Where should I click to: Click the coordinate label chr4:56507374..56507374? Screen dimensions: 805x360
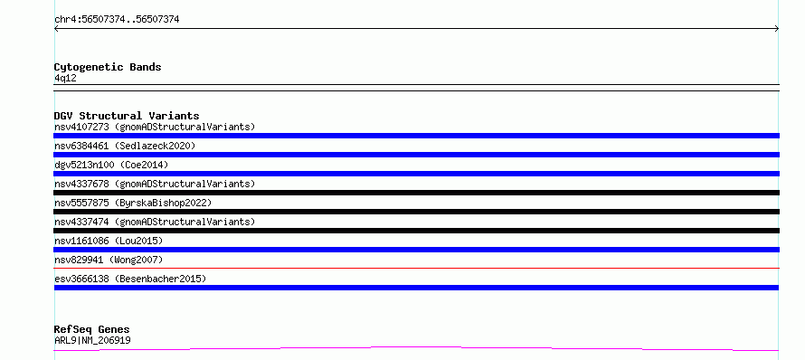click(117, 20)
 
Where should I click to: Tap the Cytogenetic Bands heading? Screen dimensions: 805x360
click(108, 67)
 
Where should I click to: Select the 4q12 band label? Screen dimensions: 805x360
click(66, 79)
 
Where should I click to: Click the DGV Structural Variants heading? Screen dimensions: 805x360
click(127, 116)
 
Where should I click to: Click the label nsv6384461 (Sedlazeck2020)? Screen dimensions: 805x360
click(125, 146)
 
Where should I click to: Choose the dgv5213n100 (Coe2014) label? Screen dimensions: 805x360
click(111, 165)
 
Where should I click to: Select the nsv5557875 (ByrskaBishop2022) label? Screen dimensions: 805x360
click(133, 203)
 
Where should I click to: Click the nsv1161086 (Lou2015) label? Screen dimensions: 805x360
click(109, 241)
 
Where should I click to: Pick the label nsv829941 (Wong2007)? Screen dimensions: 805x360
click(109, 260)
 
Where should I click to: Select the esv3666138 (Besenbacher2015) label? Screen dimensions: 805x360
click(130, 279)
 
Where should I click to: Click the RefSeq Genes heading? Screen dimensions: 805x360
click(92, 329)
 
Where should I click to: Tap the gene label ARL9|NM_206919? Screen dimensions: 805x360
click(92, 340)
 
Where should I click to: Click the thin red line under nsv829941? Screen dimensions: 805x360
click(416, 268)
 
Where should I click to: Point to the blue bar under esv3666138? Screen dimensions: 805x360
click(416, 288)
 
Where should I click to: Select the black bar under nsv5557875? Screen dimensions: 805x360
click(416, 212)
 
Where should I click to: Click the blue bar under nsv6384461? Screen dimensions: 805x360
click(416, 155)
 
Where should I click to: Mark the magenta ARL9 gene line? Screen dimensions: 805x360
click(416, 347)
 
